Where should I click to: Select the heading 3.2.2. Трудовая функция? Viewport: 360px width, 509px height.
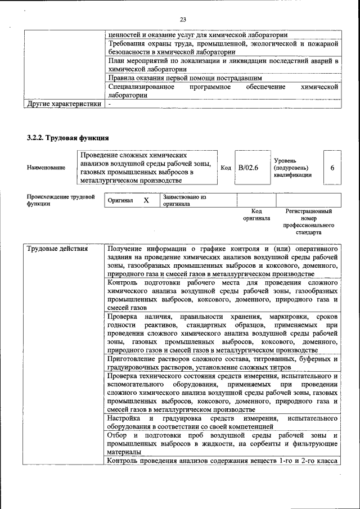pos(67,138)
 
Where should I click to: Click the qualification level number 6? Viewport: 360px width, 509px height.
pos(332,168)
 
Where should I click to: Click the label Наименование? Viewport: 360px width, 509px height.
pos(46,168)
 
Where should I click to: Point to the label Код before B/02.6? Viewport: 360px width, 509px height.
pos(226,168)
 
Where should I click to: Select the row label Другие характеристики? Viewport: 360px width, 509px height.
pos(64,103)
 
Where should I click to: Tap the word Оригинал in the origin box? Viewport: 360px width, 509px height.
pos(120,201)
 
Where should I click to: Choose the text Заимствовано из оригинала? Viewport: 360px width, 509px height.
pos(184,201)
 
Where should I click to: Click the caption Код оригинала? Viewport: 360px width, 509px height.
pos(256,214)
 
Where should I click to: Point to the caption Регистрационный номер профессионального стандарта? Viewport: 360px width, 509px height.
pos(309,221)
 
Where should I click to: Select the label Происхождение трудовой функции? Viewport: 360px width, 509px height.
pos(60,201)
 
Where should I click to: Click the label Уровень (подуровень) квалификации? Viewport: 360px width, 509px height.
pos(292,168)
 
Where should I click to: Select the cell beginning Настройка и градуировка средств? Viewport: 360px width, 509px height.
pos(222,422)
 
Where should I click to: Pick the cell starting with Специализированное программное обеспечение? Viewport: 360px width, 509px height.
pos(222,91)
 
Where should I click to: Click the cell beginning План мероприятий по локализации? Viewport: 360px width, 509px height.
pos(222,64)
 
